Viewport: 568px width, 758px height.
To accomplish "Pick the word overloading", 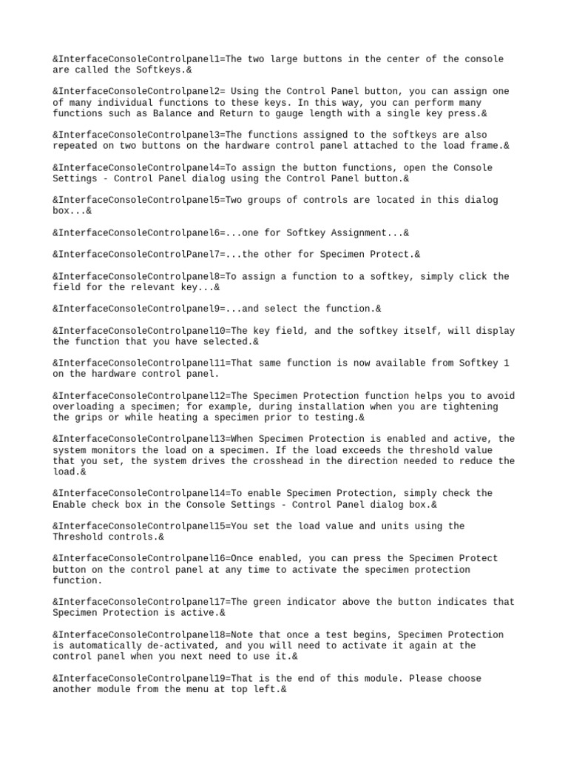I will click(83, 406).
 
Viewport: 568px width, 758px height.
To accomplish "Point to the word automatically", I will click(102, 645).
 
